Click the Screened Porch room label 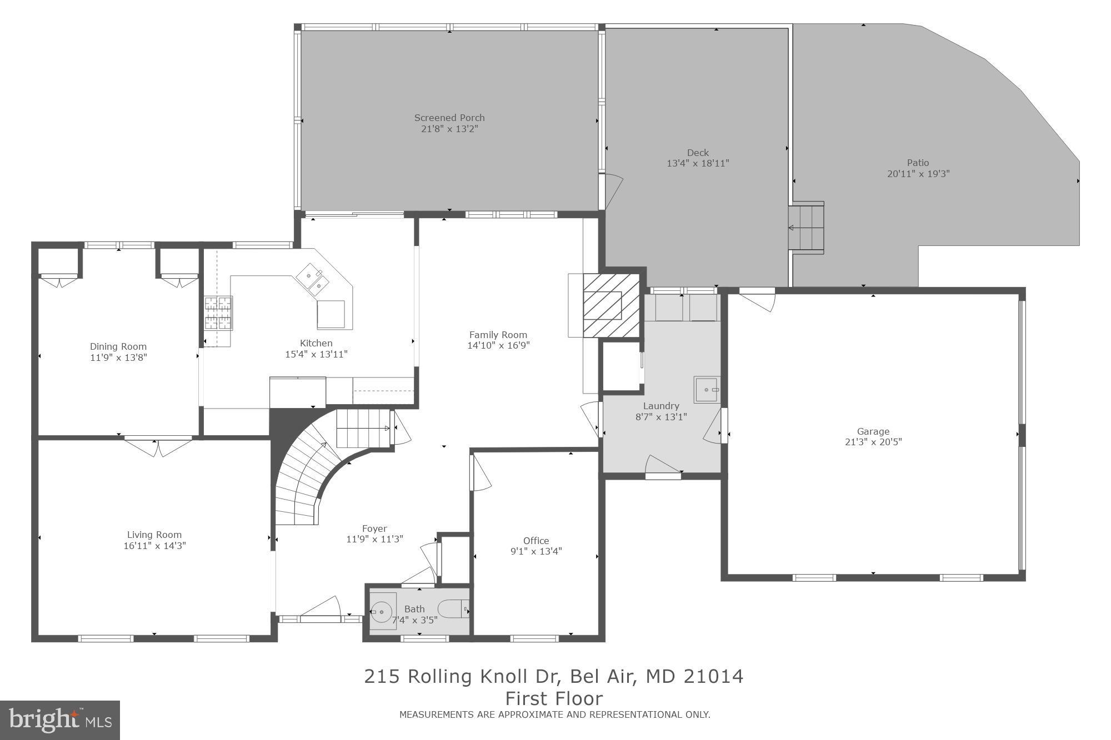tap(449, 118)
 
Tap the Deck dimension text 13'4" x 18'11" tap(697, 163)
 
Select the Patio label tap(918, 163)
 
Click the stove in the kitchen tap(218, 314)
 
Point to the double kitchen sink tap(312, 279)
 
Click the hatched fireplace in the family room tap(610, 305)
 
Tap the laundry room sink tap(707, 389)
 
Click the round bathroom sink tap(382, 612)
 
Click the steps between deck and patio tap(806, 228)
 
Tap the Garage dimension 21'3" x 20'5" tap(873, 442)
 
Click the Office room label tap(536, 541)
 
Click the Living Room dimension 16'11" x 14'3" tap(154, 546)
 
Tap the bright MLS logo tap(60, 720)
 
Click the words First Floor tap(553, 698)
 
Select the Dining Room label tap(118, 346)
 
